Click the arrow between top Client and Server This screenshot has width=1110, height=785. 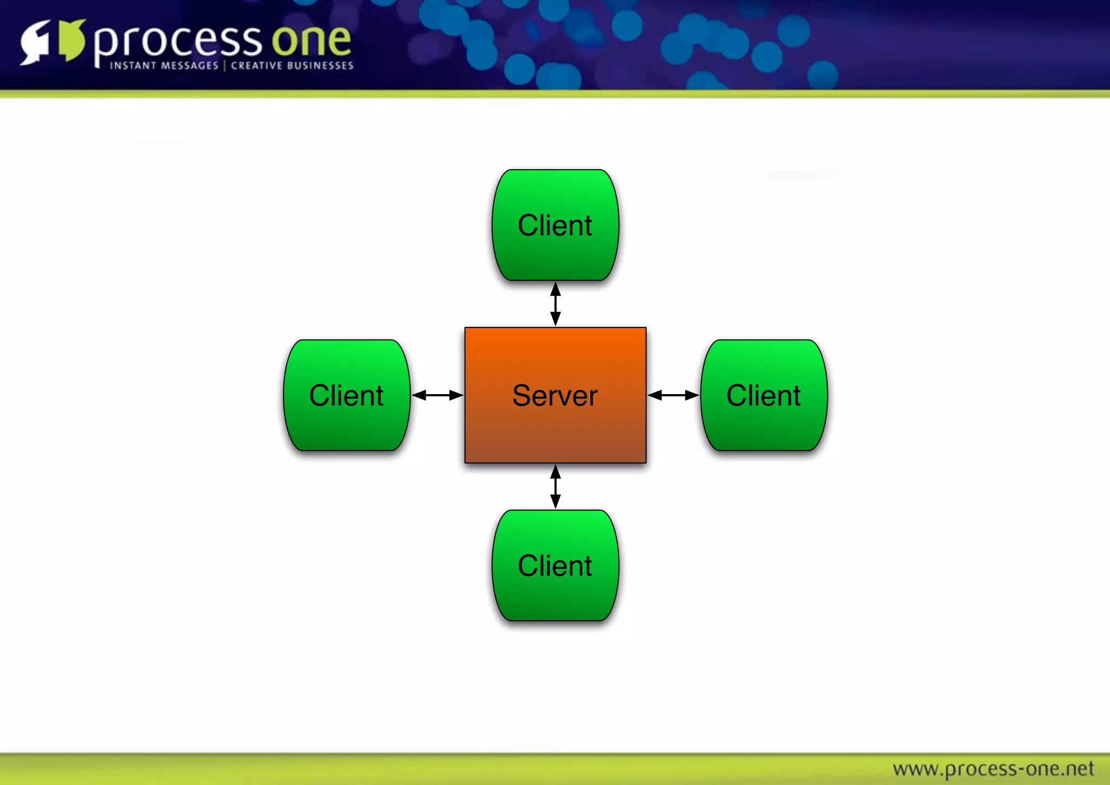[x=555, y=304]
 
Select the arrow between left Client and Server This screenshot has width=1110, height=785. [x=437, y=395]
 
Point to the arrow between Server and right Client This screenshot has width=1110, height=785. [x=673, y=395]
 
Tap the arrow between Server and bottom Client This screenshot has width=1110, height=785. [x=555, y=487]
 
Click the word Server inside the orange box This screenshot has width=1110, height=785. [x=555, y=395]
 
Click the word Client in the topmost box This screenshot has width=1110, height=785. [x=555, y=225]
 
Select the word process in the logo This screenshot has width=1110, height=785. [x=178, y=42]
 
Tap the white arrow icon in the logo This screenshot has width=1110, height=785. [x=35, y=42]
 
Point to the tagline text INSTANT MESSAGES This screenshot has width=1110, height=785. [x=164, y=66]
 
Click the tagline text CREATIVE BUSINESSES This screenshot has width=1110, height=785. [x=292, y=66]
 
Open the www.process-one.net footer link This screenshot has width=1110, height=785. [x=993, y=769]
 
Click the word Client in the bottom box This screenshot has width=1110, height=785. [x=555, y=565]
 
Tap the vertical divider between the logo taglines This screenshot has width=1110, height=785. [x=224, y=66]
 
